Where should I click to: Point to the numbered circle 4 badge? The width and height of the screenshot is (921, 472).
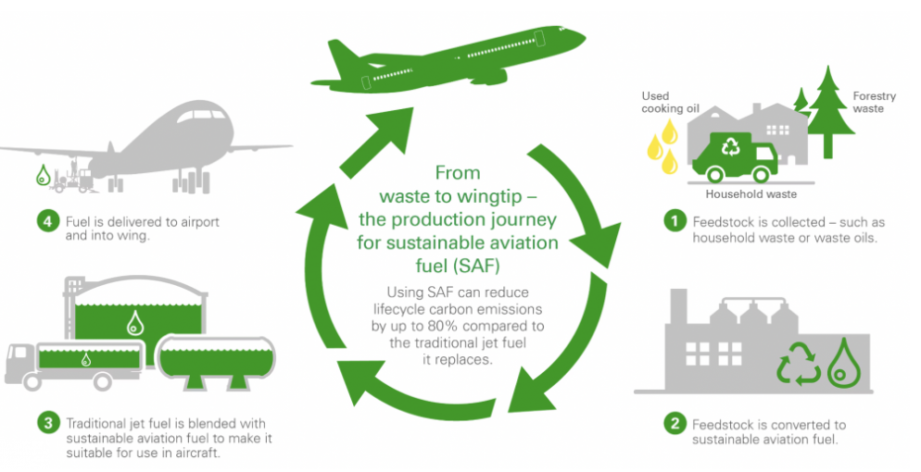tap(47, 222)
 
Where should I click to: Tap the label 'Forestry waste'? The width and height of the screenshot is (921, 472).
tap(868, 102)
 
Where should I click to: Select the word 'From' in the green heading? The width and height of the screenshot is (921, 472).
tap(457, 172)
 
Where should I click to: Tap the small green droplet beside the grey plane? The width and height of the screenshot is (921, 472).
tap(42, 173)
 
